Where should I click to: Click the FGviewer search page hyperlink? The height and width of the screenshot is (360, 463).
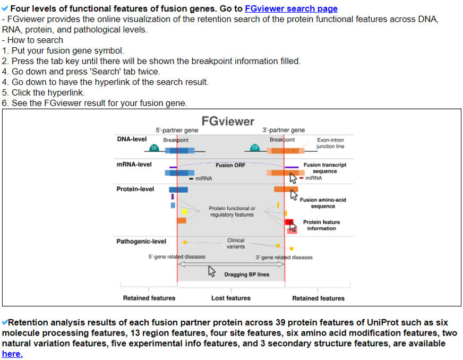(291, 8)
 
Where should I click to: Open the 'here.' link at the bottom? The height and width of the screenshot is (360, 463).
(12, 354)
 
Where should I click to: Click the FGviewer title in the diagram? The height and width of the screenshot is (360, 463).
(228, 121)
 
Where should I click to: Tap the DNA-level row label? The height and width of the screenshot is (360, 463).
(132, 139)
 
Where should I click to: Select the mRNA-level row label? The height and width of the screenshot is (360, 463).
(134, 164)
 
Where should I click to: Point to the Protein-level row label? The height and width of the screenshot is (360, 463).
(135, 189)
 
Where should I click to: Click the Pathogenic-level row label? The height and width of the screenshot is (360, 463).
(141, 242)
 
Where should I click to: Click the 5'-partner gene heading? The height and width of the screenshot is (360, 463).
(177, 130)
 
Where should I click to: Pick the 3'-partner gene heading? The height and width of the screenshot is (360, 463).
(284, 130)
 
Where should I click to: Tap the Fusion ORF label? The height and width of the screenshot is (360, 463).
(230, 165)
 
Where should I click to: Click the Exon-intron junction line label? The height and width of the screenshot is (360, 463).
(330, 143)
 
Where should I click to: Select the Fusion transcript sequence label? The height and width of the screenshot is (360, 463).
(324, 168)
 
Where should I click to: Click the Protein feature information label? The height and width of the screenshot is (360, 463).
(321, 225)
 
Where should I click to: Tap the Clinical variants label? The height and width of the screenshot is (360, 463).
(236, 243)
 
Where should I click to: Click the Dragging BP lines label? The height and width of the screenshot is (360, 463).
(246, 275)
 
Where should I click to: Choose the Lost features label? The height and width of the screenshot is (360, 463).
(230, 298)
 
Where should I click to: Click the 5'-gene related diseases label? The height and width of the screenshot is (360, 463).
(177, 257)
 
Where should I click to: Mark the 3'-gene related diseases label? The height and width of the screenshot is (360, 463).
(284, 257)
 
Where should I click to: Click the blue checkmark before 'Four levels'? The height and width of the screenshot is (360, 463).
(5, 8)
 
